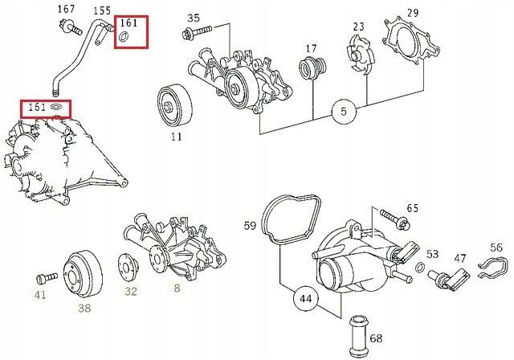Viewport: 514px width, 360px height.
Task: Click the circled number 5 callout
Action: click(x=344, y=112)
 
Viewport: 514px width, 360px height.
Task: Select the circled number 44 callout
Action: click(x=305, y=298)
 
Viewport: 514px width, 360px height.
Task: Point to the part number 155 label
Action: click(x=102, y=10)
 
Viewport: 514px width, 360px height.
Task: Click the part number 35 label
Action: click(x=194, y=18)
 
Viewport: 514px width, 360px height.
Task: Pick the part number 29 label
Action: click(x=413, y=13)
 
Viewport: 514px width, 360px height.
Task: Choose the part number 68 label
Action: click(x=376, y=337)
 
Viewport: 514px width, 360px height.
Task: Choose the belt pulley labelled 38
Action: click(x=83, y=274)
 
